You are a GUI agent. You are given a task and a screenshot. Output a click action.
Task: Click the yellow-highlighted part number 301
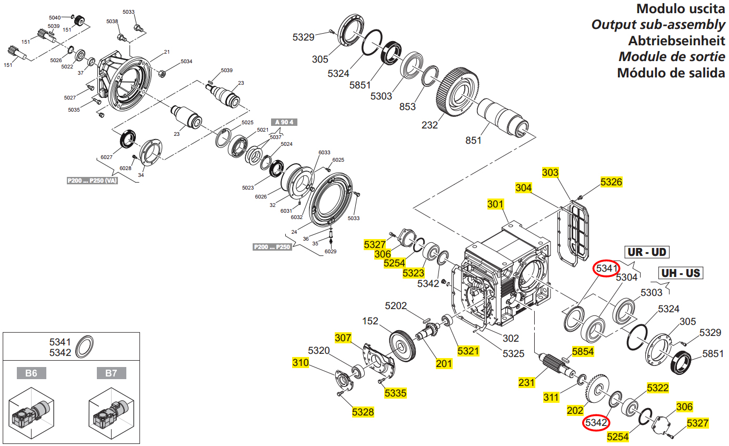point(495,204)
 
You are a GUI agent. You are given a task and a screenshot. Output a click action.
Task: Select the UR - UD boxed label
point(646,252)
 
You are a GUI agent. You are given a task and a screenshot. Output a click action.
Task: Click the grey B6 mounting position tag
point(32,373)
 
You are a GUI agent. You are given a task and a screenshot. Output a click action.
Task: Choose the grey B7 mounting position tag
point(111,373)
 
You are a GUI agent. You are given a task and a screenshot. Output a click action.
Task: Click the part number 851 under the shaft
point(474,141)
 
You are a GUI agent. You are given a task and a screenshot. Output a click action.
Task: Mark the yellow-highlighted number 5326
point(611,182)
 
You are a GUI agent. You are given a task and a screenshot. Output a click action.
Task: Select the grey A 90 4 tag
point(284,122)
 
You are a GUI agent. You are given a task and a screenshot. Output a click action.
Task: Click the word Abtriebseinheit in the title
point(676,41)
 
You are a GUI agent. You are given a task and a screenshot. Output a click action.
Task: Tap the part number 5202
point(396,305)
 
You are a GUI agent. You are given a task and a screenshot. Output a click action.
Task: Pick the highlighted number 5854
point(583,351)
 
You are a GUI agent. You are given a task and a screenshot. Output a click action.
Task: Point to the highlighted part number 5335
point(395,393)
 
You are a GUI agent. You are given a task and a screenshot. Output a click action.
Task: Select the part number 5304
point(626,277)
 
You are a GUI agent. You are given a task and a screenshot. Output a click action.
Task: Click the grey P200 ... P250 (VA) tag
point(92,181)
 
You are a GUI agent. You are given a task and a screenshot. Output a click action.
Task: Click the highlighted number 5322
point(657,388)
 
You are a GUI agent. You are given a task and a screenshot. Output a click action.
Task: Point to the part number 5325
point(513,353)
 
